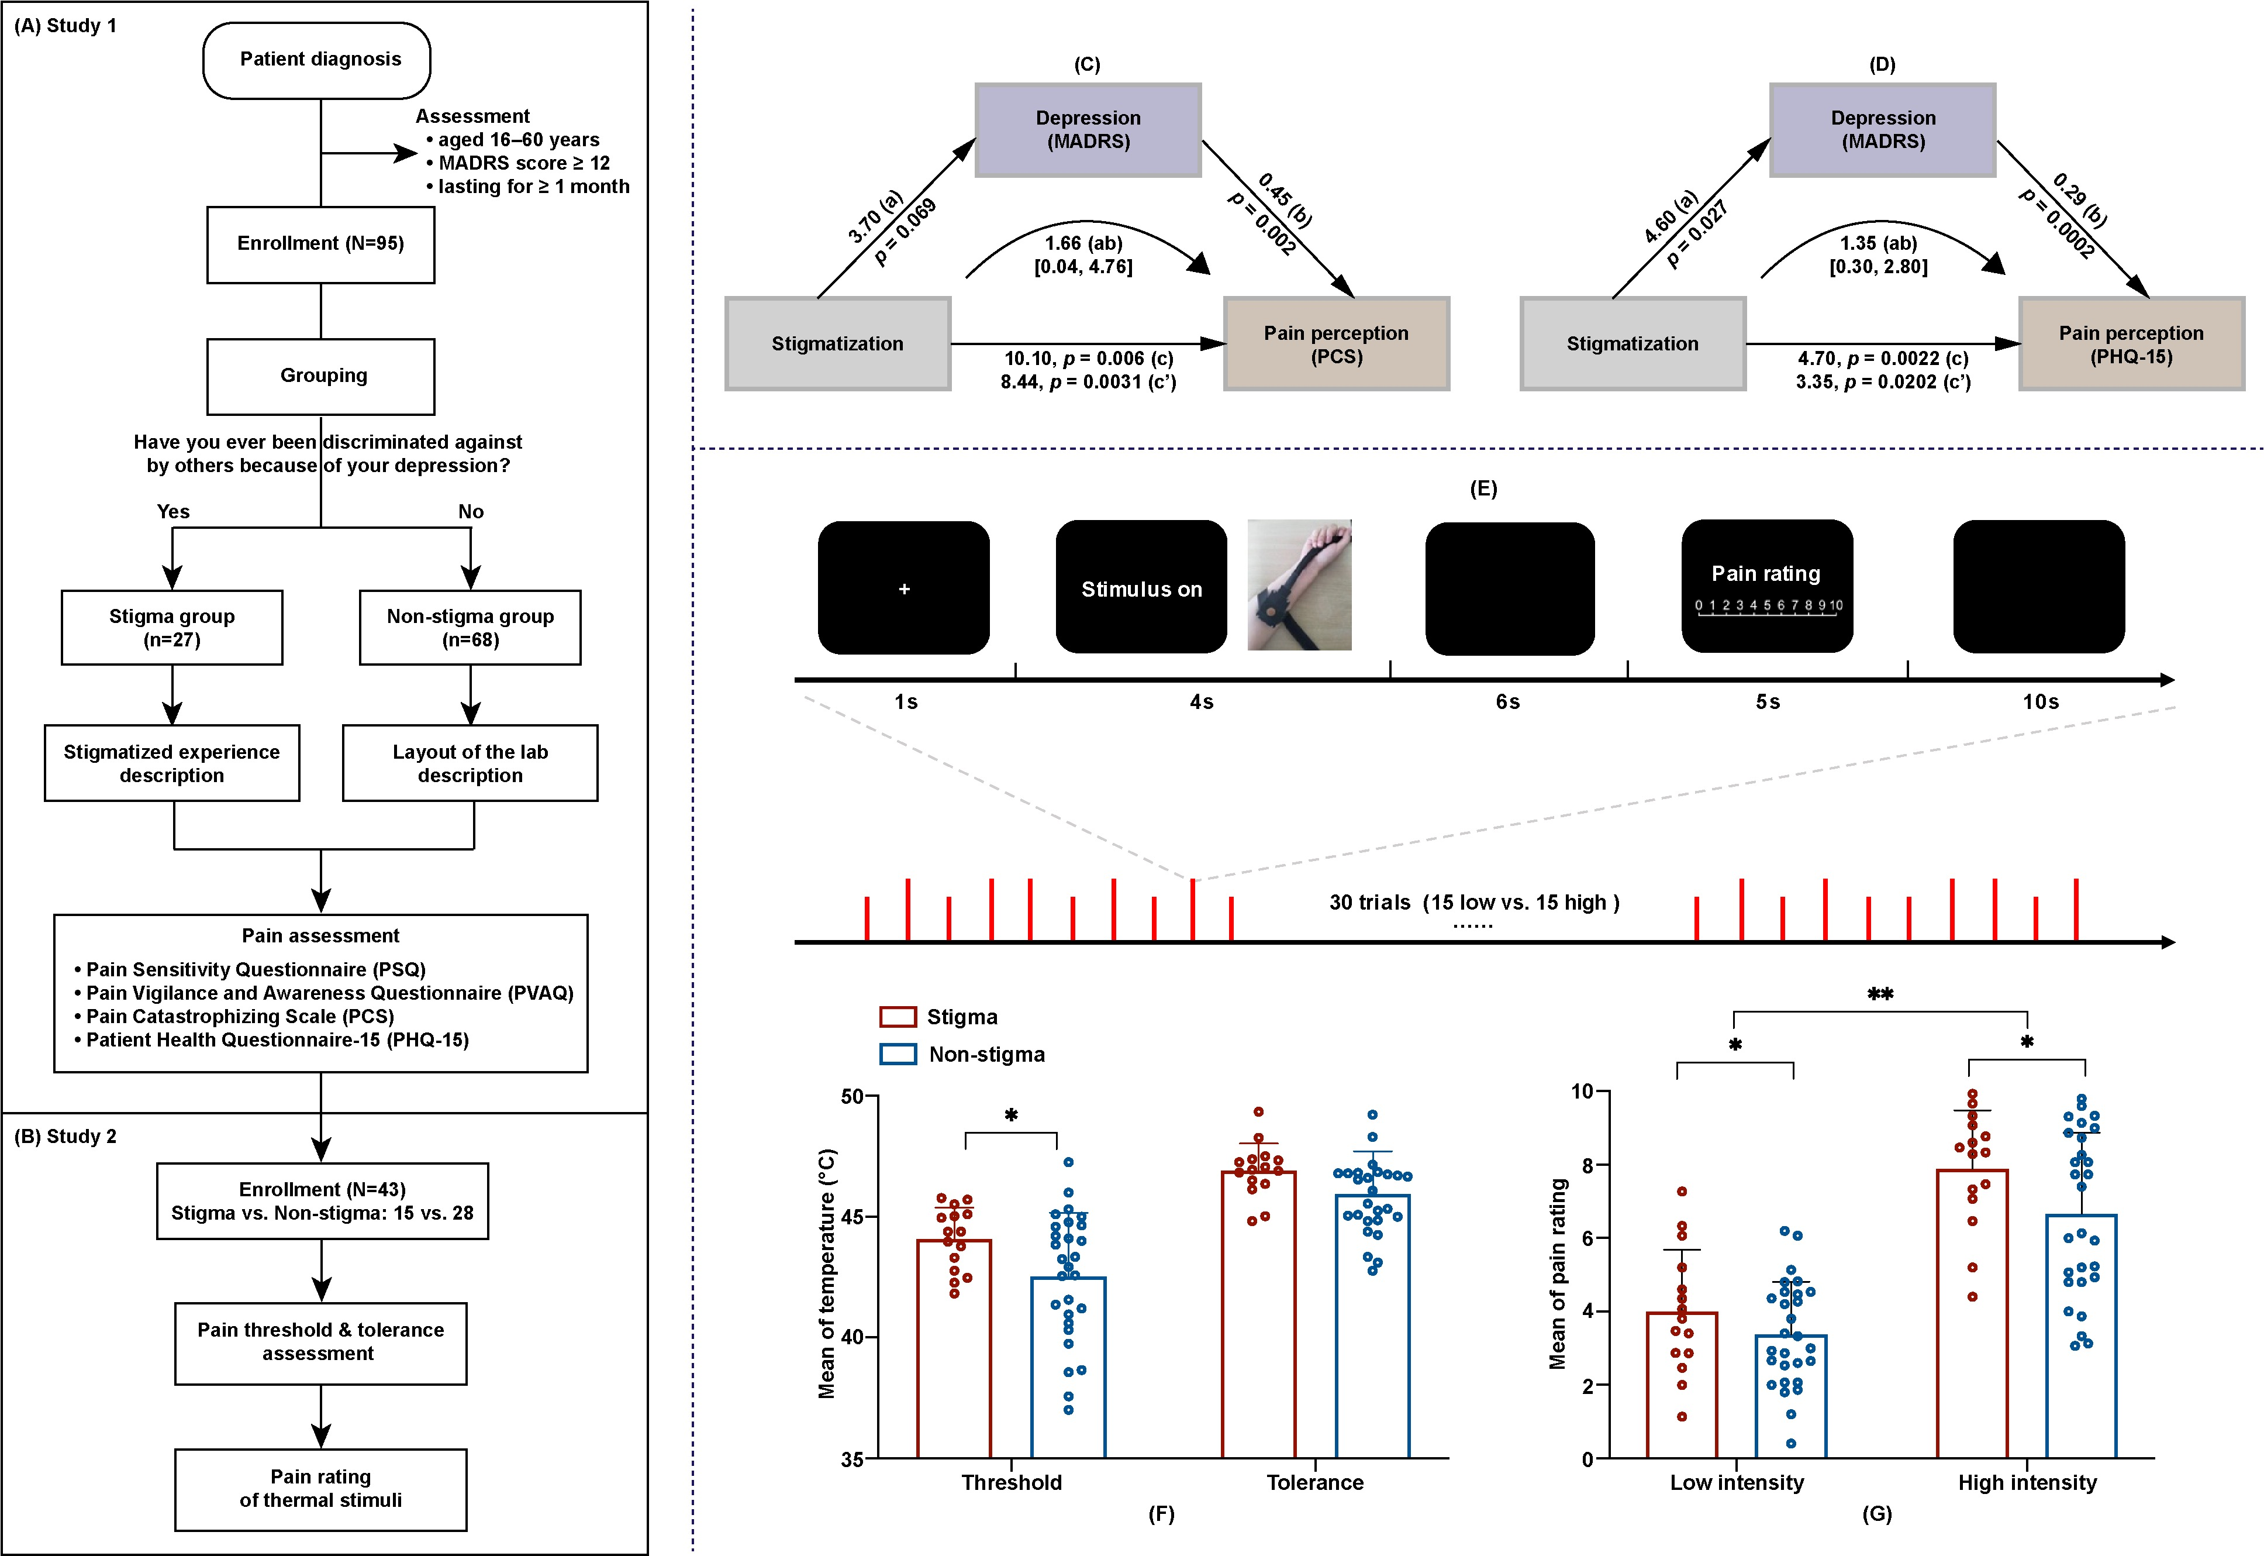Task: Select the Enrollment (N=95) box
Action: (320, 244)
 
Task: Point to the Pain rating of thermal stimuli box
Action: (320, 1489)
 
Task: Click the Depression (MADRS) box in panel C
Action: (1088, 130)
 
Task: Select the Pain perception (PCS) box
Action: (1336, 344)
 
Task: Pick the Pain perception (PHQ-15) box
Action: (2131, 344)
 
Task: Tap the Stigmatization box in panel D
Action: (1633, 344)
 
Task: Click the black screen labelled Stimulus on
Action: (1141, 588)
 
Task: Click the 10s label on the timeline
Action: (2040, 702)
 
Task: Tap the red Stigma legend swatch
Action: (898, 1017)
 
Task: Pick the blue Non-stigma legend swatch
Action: (898, 1054)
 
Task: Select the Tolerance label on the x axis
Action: (1315, 1483)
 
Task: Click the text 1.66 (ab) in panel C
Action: (1083, 243)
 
